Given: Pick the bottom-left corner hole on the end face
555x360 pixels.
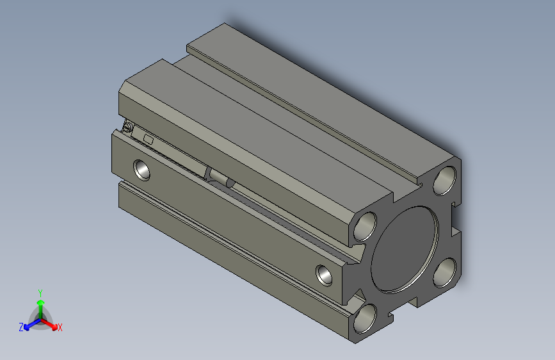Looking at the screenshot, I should [366, 318].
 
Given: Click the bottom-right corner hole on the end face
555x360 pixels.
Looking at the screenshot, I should [444, 274].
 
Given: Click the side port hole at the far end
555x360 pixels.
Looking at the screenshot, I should [142, 170].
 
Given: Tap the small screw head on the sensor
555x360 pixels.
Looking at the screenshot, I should [128, 128].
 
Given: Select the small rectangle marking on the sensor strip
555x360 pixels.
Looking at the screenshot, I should [149, 138].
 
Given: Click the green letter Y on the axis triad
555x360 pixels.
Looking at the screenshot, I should [40, 291].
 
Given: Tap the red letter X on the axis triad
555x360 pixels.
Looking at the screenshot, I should [60, 327].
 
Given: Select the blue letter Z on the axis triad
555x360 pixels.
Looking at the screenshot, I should [21, 327].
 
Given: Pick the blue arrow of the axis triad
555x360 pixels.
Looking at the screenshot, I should [29, 324].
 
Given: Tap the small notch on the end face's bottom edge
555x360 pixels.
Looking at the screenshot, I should [392, 315].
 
